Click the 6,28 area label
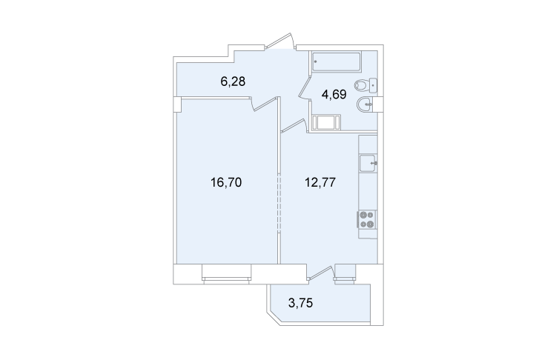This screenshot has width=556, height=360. click(233, 81)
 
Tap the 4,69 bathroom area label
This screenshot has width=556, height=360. click(334, 95)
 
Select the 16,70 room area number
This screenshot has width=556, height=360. click(226, 182)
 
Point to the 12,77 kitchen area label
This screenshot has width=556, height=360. click(320, 182)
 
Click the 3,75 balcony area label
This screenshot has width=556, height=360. click(301, 303)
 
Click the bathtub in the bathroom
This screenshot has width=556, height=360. click(336, 61)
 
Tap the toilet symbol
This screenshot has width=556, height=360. click(365, 84)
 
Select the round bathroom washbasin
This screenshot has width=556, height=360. click(365, 104)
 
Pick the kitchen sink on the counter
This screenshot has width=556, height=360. click(368, 164)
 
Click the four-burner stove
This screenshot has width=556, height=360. click(367, 220)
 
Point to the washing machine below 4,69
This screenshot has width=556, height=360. click(326, 122)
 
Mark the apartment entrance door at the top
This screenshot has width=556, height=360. click(280, 41)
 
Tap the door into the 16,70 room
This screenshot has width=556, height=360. click(263, 104)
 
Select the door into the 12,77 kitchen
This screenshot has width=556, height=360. click(294, 127)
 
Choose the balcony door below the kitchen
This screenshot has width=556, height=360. click(322, 273)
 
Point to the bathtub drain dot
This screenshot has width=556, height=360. click(315, 61)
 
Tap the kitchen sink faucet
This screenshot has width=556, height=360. click(374, 164)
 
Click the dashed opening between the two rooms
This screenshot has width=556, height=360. click(279, 202)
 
